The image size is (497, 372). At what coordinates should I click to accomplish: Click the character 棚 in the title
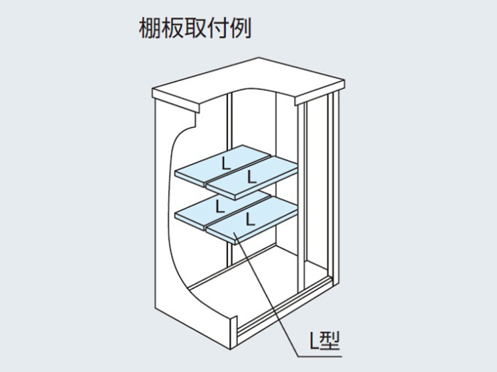click(x=150, y=28)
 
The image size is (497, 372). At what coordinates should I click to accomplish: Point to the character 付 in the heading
click(x=218, y=28)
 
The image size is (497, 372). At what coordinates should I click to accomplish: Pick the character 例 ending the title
click(x=240, y=28)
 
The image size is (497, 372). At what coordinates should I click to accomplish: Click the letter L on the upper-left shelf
click(x=226, y=163)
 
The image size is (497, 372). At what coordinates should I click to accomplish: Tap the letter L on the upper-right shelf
click(x=251, y=177)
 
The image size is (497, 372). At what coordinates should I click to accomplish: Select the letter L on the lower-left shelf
click(x=220, y=206)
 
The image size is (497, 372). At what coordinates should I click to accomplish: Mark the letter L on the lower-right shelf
click(x=251, y=219)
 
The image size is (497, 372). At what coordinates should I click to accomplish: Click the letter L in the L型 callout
click(x=314, y=341)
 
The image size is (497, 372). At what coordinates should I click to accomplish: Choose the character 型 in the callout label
click(x=329, y=341)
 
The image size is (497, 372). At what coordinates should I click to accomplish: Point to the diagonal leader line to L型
click(x=266, y=293)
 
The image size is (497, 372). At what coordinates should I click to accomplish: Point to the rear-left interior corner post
click(x=230, y=177)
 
